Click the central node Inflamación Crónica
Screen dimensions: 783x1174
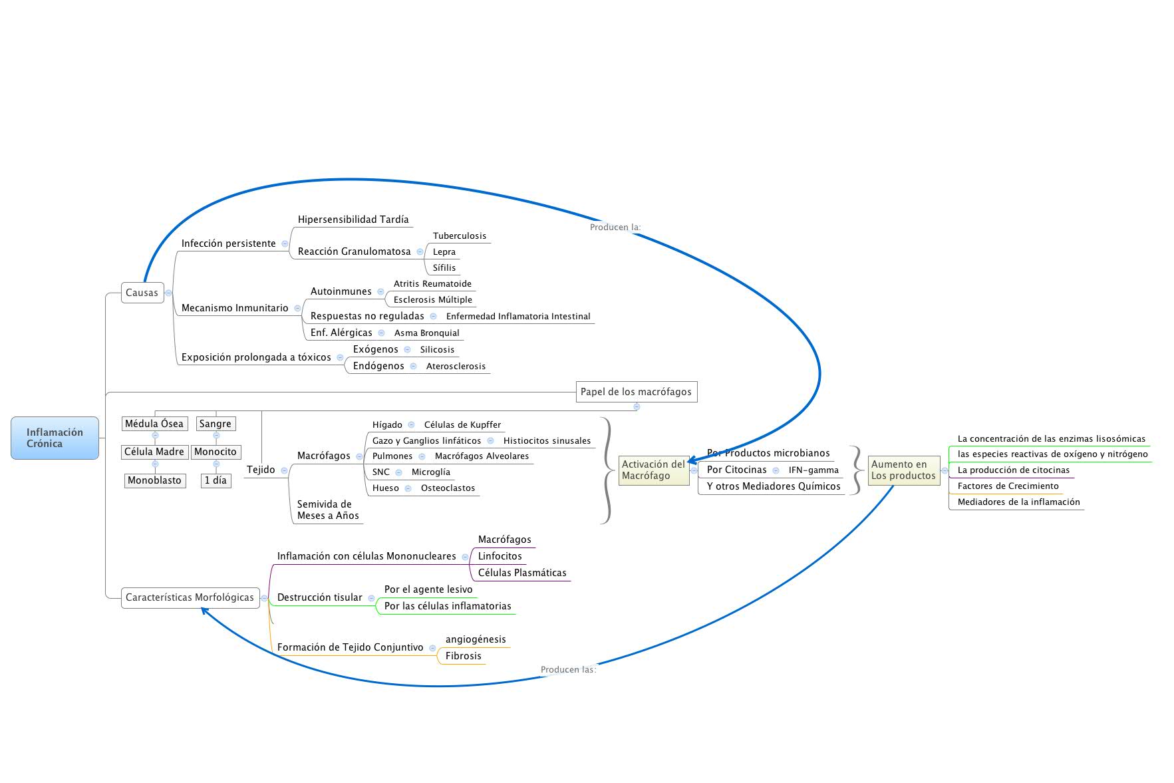[x=55, y=438]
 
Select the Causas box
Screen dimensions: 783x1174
[x=142, y=293]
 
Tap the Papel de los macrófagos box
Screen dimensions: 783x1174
[x=636, y=392]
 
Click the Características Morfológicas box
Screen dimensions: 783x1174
[x=190, y=597]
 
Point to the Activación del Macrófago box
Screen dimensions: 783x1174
[x=653, y=470]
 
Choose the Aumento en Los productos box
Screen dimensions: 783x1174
[x=903, y=470]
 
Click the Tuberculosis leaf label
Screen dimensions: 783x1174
[x=460, y=236]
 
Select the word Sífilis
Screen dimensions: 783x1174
[x=444, y=268]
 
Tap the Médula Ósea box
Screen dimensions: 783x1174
[x=154, y=424]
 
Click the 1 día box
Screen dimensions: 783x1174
[x=216, y=480]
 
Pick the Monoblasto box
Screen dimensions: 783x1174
[x=154, y=480]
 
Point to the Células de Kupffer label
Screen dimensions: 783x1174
[x=462, y=425]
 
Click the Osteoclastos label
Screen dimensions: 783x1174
[x=448, y=488]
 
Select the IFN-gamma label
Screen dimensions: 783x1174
[x=813, y=470]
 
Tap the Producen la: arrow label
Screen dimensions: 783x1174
[x=615, y=228]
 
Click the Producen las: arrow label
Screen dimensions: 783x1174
[x=568, y=670]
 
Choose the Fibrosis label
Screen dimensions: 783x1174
[x=464, y=656]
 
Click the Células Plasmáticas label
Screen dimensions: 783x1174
[x=522, y=573]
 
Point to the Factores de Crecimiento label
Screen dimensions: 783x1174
[x=1008, y=486]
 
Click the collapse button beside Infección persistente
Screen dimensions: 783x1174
[x=285, y=244]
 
